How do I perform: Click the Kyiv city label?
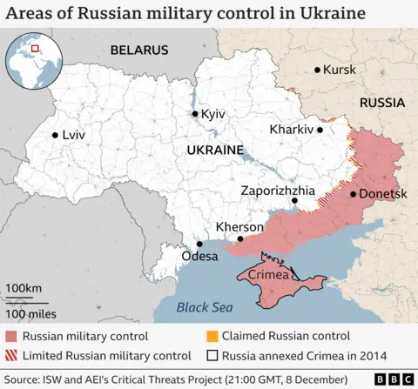click(212, 115)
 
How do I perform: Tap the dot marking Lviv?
click(55, 135)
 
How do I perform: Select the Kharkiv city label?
click(291, 130)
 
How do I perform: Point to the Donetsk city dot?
click(353, 194)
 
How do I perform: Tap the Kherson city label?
click(239, 227)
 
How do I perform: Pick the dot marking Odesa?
click(200, 245)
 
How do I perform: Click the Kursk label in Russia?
click(340, 70)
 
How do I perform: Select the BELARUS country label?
click(138, 50)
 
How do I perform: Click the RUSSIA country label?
click(382, 103)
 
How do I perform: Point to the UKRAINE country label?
click(213, 151)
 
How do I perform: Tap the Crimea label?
click(266, 275)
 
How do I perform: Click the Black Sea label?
click(205, 307)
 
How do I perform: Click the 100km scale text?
click(24, 287)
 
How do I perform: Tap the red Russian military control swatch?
click(12, 336)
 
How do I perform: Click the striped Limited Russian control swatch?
click(12, 355)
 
